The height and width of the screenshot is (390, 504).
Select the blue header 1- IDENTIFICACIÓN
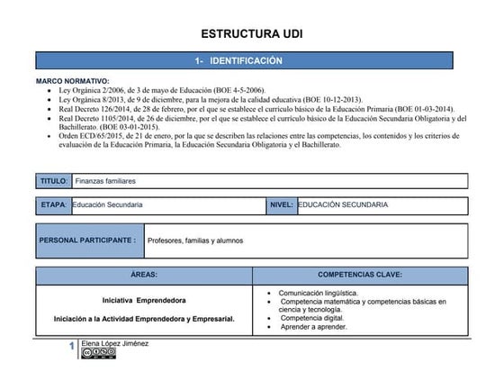click(x=251, y=60)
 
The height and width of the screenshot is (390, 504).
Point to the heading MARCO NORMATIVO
click(x=72, y=81)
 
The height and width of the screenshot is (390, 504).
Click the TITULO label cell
click(x=53, y=181)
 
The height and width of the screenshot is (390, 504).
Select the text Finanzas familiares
click(x=105, y=181)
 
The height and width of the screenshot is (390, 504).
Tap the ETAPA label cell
click(x=53, y=205)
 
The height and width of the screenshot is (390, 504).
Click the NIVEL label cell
click(x=281, y=205)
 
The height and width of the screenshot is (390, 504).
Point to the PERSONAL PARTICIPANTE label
click(x=87, y=240)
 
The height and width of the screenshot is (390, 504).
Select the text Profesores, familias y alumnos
click(x=194, y=240)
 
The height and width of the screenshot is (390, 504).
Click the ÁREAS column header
click(x=144, y=274)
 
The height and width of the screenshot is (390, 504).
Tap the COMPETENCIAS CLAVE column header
click(x=360, y=274)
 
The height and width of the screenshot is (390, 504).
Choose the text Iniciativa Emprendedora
click(x=144, y=299)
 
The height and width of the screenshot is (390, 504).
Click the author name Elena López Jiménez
click(x=114, y=343)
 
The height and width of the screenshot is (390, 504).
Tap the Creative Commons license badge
click(x=98, y=353)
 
